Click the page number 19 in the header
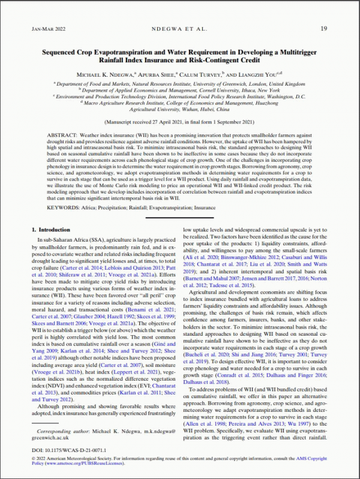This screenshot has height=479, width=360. (323, 28)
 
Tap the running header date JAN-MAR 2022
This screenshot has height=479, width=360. (48, 28)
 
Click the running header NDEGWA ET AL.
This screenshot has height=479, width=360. (179, 28)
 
